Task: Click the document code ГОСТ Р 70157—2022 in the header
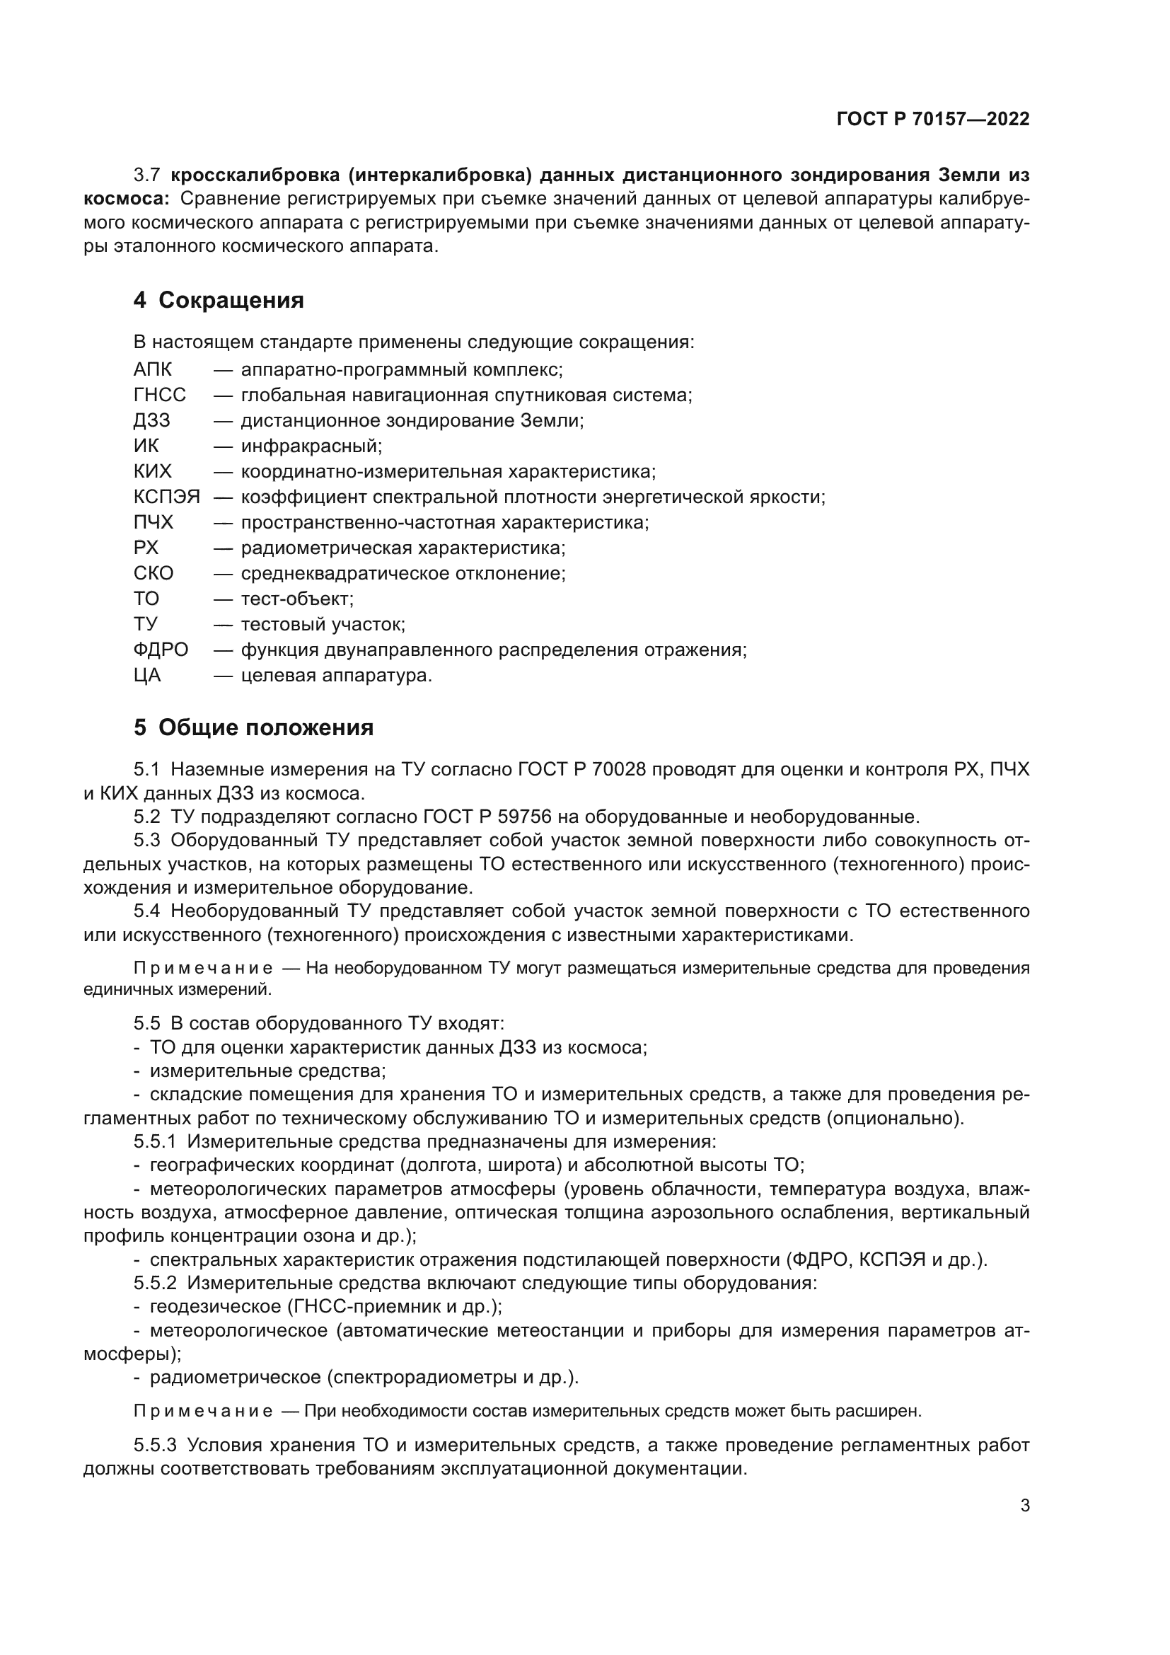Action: tap(933, 120)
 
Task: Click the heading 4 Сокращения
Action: tap(219, 301)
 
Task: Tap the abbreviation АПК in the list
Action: tap(153, 370)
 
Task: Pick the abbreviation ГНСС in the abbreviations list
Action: tap(159, 395)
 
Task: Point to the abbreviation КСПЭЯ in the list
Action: tap(166, 497)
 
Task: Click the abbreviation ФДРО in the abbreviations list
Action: tap(161, 650)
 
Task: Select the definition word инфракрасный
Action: tap(311, 446)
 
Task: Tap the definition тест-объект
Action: tap(297, 599)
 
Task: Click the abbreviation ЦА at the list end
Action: tap(147, 676)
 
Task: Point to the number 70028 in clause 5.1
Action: tap(620, 770)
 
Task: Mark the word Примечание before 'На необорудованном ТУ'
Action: tap(203, 968)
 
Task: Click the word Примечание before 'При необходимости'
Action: tap(203, 1412)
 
